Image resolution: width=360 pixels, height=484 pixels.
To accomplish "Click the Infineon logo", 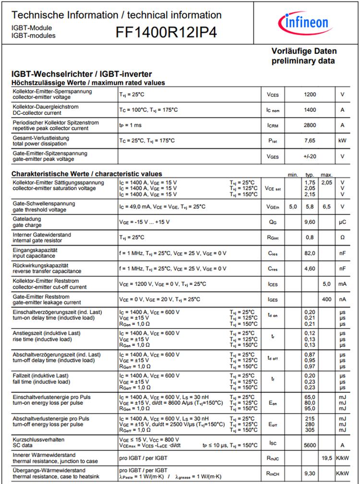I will pyautogui.click(x=304, y=23).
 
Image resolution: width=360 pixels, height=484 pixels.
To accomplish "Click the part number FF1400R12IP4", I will pyautogui.click(x=166, y=33).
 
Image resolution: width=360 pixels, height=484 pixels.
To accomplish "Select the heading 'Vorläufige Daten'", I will pyautogui.click(x=304, y=51).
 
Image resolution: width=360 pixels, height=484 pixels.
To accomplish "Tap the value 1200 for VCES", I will pyautogui.click(x=310, y=94).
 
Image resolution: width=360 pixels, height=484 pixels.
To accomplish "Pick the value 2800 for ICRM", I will pyautogui.click(x=310, y=125).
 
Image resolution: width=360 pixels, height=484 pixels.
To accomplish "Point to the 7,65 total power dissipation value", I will pyautogui.click(x=310, y=141).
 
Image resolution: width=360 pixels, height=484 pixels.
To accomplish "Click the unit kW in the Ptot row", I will pyautogui.click(x=342, y=141).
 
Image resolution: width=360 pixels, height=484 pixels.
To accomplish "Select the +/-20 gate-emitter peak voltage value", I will pyautogui.click(x=310, y=156).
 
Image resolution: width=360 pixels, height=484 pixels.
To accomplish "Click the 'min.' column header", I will pyautogui.click(x=293, y=175).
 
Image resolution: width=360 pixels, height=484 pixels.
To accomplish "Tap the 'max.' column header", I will pyautogui.click(x=327, y=175).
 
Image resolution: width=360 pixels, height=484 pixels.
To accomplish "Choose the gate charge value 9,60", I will pyautogui.click(x=310, y=222).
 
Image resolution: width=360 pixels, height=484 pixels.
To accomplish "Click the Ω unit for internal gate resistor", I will pyautogui.click(x=342, y=237).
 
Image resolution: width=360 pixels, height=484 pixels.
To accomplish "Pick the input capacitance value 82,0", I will pyautogui.click(x=310, y=253).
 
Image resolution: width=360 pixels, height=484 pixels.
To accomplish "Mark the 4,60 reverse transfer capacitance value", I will pyautogui.click(x=310, y=269).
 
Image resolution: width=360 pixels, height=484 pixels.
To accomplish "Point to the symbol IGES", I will pyautogui.click(x=273, y=300).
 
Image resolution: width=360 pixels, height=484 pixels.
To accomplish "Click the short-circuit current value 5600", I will pyautogui.click(x=310, y=445).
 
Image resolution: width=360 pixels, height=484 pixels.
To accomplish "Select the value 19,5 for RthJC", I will pyautogui.click(x=327, y=458).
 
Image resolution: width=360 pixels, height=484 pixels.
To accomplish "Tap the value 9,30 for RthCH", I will pyautogui.click(x=310, y=473).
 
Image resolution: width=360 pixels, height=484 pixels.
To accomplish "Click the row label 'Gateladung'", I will pyautogui.click(x=27, y=219).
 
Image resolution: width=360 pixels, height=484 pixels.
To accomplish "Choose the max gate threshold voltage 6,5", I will pyautogui.click(x=327, y=206).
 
